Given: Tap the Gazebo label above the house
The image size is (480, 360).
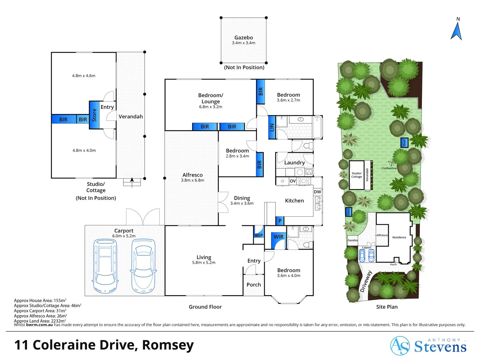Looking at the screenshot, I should (x=243, y=38).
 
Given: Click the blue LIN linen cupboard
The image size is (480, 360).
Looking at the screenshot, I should (x=272, y=127).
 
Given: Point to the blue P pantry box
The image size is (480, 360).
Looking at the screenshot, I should (x=280, y=221).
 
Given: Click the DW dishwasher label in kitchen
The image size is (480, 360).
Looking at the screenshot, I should (x=317, y=192).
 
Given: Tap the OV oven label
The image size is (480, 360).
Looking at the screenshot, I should (x=293, y=181).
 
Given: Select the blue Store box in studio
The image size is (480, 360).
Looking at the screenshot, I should (x=94, y=115).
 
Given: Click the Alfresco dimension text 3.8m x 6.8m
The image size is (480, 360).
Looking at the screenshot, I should (x=192, y=180).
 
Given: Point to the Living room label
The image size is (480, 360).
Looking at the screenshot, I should (x=204, y=257).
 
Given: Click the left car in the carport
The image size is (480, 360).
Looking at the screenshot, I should (x=106, y=266).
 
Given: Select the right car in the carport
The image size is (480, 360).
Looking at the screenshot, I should (x=143, y=266).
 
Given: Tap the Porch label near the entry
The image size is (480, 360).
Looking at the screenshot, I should (x=254, y=285).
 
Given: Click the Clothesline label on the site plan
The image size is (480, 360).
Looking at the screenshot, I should (x=389, y=168).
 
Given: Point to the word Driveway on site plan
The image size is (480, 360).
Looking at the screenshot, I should (x=366, y=281).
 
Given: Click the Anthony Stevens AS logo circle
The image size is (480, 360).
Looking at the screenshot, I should (x=400, y=346).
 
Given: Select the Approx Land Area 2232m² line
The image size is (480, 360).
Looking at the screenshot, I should (x=40, y=321).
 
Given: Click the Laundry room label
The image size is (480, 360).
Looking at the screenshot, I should (x=294, y=163).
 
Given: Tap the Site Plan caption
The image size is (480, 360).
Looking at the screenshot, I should (x=387, y=307).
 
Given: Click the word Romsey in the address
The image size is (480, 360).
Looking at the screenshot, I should (x=168, y=345).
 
